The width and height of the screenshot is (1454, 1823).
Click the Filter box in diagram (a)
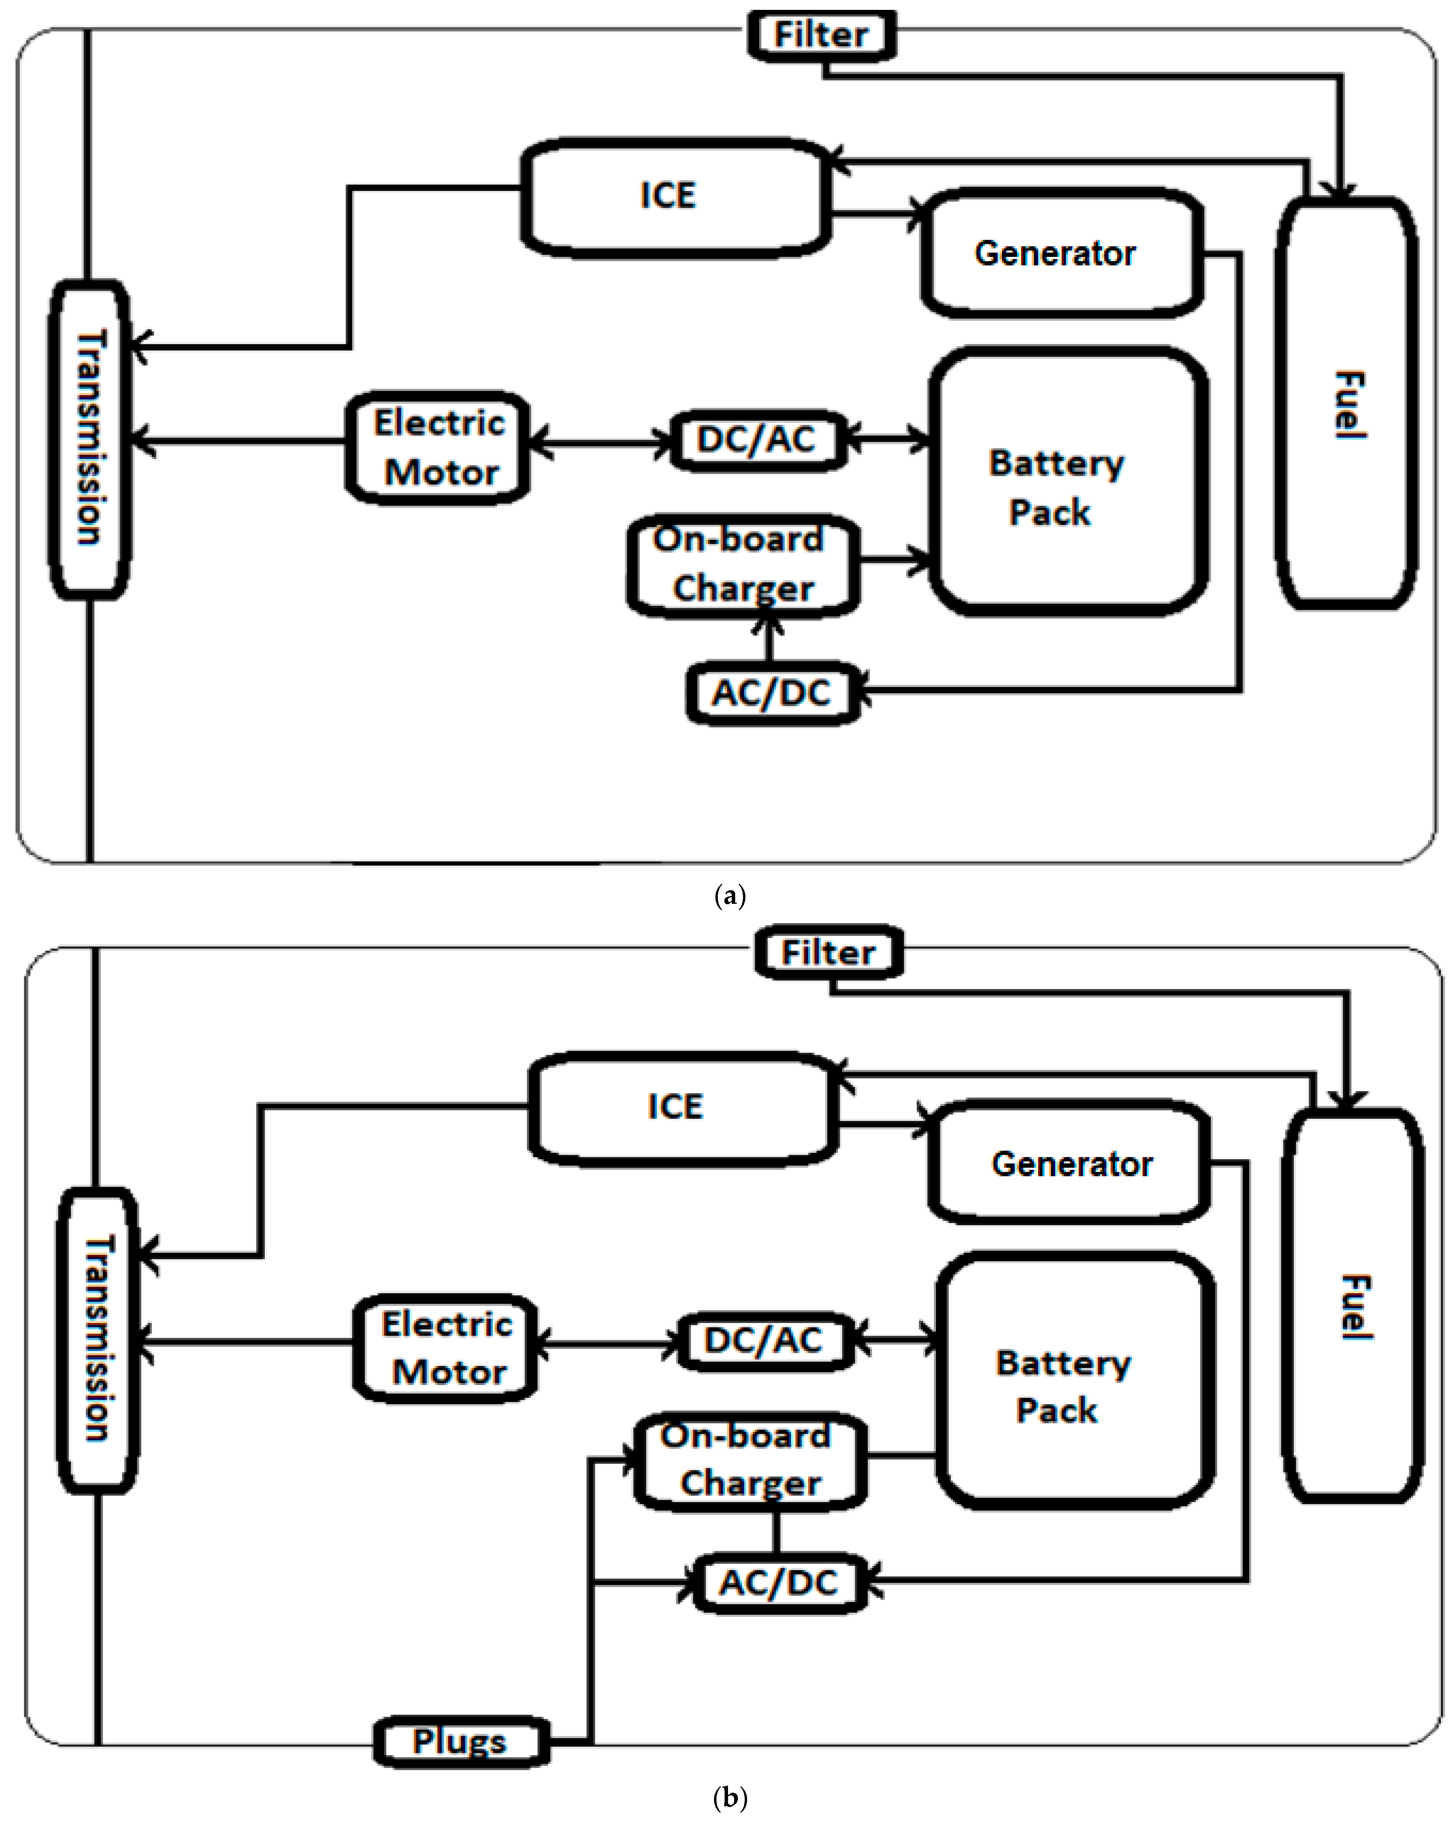(x=820, y=35)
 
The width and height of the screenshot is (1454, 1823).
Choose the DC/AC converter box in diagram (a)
(x=757, y=440)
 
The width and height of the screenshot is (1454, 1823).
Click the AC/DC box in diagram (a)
(x=771, y=693)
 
